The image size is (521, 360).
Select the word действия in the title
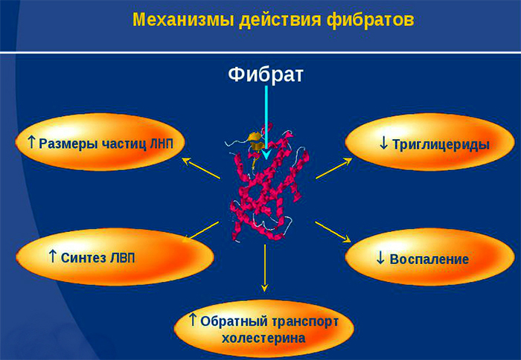coord(272,19)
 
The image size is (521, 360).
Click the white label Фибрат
coord(266,75)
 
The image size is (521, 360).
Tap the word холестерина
coord(263,338)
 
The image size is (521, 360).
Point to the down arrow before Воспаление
coord(380,258)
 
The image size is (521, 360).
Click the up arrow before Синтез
coord(53,256)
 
